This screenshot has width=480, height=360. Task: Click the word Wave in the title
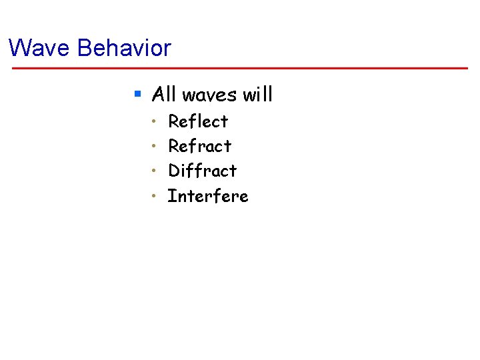(40, 48)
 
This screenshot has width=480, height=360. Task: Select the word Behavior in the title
(124, 48)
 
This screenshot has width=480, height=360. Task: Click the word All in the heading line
(164, 95)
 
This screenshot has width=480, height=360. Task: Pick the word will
(258, 95)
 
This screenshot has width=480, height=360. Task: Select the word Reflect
(198, 121)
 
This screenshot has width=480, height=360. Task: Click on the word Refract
(199, 146)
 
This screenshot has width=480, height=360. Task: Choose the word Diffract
(202, 171)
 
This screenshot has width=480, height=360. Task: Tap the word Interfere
(207, 196)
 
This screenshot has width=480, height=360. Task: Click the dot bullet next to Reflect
(153, 121)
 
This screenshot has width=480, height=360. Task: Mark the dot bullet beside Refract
(153, 146)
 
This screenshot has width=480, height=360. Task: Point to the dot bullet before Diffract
(153, 171)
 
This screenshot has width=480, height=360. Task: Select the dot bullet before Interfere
(153, 196)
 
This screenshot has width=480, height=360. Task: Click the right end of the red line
(467, 68)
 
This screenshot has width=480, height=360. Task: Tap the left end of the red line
(11, 68)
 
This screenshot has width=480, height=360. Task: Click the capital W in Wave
(19, 48)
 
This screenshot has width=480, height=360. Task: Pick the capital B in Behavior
(84, 48)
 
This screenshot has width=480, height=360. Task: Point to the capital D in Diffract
(175, 171)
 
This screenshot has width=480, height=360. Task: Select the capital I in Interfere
(171, 196)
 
